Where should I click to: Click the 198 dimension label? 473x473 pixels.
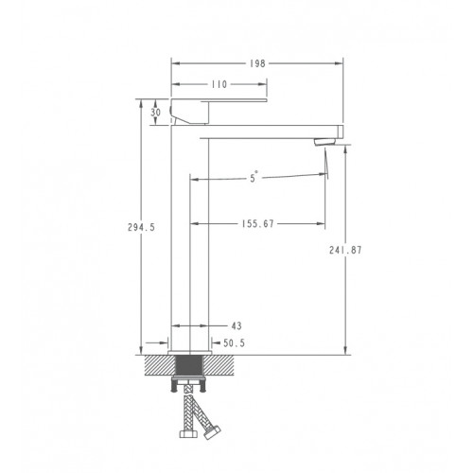point(257,63)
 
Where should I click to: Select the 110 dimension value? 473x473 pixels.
point(219,84)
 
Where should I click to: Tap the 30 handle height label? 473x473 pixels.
point(155,113)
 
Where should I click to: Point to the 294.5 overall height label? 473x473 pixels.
point(141,227)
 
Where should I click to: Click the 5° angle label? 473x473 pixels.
point(254,178)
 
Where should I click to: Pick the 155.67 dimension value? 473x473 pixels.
point(258,223)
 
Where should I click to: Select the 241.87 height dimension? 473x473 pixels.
point(345,250)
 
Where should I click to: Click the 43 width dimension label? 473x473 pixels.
point(236,325)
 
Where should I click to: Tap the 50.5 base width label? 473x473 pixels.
point(234,342)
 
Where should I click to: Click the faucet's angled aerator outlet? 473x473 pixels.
point(325,142)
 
